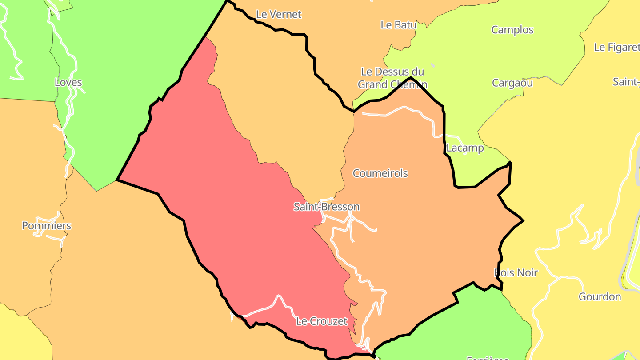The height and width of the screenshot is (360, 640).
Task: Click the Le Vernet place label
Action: [279, 14]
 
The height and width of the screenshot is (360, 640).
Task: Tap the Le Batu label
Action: [398, 25]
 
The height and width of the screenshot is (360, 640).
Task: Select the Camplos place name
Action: [512, 30]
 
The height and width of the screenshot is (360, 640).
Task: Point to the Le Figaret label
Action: [616, 47]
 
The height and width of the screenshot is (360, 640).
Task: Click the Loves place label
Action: [68, 82]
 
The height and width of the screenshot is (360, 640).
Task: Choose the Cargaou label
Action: [512, 83]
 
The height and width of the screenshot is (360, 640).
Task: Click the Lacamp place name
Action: [465, 148]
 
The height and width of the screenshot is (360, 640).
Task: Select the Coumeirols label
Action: [380, 173]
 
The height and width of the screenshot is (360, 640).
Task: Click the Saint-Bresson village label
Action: [326, 207]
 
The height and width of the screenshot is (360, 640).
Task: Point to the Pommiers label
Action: [46, 226]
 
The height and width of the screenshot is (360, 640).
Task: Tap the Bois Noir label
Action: [516, 272]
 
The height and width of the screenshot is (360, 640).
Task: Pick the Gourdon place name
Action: [600, 296]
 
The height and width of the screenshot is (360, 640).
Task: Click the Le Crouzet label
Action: [321, 321]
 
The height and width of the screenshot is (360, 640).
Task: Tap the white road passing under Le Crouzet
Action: [262, 309]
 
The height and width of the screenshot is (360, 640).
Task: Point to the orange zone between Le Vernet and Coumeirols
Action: [284, 102]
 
